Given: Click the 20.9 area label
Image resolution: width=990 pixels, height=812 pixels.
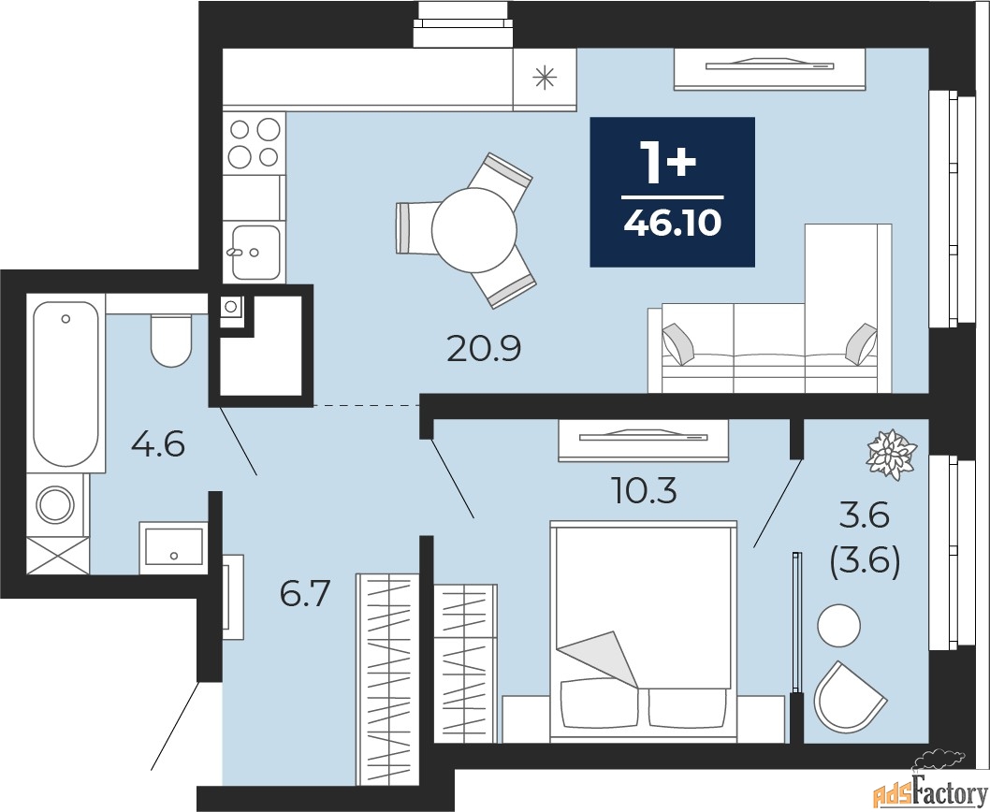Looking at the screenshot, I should (x=483, y=349).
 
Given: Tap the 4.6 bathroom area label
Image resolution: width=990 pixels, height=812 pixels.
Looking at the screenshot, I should (x=157, y=443).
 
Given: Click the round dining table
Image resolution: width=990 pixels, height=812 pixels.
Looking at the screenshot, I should (x=474, y=229).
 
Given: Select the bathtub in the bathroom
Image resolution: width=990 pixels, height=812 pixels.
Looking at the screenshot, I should (x=65, y=384).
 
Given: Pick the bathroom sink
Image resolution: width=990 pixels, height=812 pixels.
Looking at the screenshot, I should (x=173, y=546).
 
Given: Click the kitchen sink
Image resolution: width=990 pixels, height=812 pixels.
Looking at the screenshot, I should (x=255, y=251).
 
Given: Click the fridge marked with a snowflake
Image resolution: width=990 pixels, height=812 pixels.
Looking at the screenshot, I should (x=544, y=78).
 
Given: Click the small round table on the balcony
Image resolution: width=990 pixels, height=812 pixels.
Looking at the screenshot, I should (x=837, y=626).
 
